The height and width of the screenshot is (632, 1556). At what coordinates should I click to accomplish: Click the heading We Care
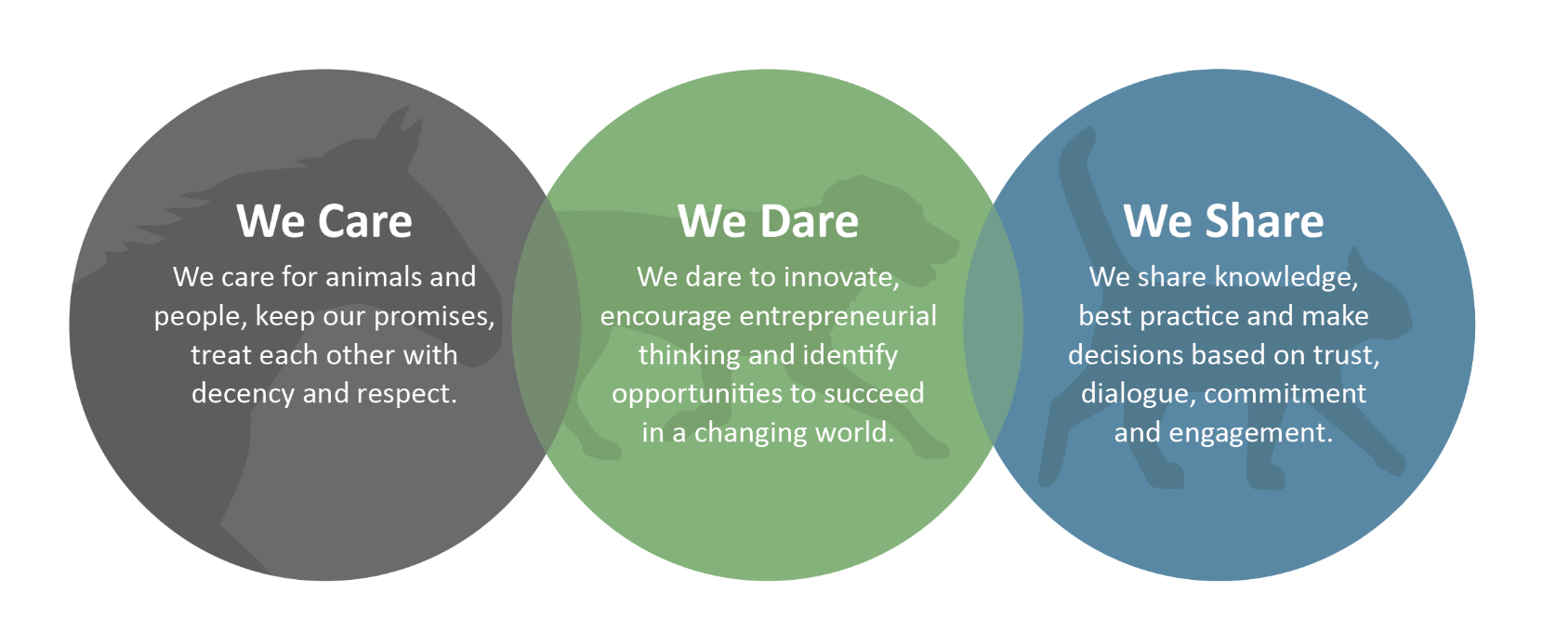tap(324, 221)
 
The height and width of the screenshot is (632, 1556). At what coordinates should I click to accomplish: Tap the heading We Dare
tap(769, 221)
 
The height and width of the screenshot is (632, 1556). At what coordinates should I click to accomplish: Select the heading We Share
tap(1223, 221)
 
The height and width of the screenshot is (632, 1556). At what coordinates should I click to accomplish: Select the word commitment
tap(1286, 394)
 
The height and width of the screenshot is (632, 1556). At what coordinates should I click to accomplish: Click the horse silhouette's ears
tap(402, 126)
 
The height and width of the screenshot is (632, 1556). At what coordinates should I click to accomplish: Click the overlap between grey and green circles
tap(547, 325)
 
